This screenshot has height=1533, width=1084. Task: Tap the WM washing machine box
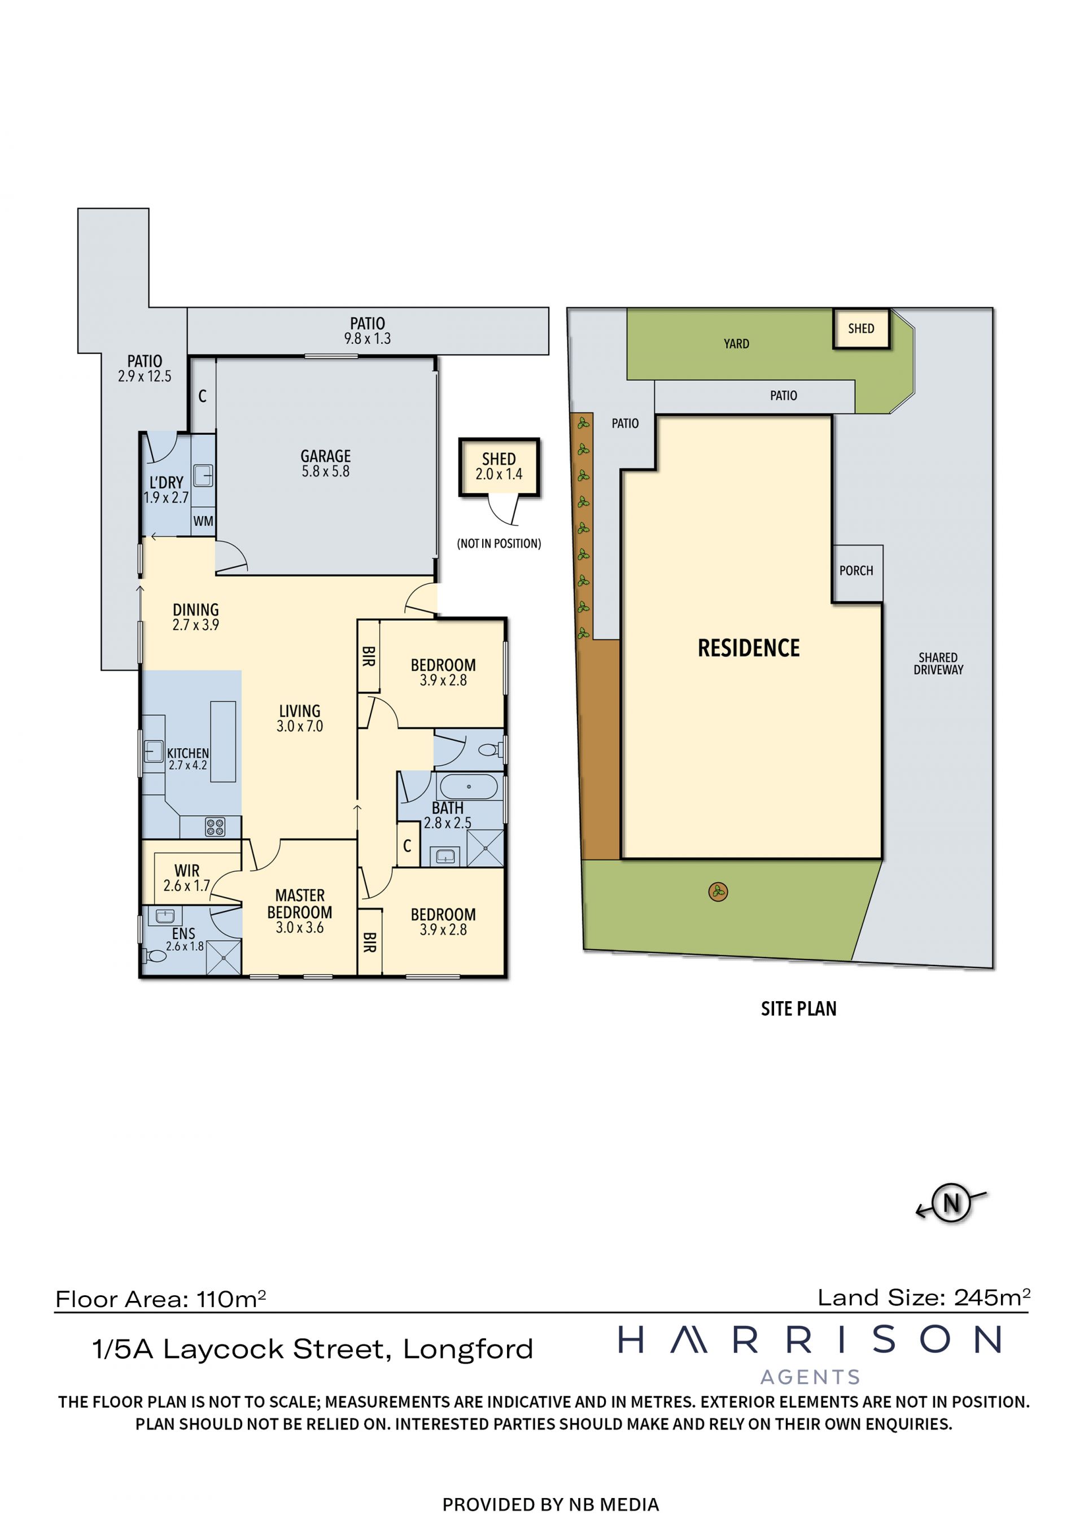point(203,521)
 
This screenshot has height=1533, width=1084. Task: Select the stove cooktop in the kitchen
point(215,828)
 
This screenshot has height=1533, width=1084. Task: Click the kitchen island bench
point(223,741)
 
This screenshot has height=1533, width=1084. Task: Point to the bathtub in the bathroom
point(469,787)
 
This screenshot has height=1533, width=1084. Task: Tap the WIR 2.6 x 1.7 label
point(187,878)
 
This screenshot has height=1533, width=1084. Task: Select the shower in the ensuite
point(223,958)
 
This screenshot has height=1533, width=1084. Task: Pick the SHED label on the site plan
point(861,329)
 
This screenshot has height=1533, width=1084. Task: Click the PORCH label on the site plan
point(856,571)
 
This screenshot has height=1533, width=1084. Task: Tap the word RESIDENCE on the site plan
point(749,648)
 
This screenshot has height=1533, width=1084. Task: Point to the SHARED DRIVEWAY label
point(938,663)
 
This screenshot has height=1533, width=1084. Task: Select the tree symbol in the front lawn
point(718,892)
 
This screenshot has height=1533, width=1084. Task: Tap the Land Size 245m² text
point(924,1298)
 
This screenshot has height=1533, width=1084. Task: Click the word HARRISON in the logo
point(810,1339)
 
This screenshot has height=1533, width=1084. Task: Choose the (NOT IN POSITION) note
point(499,544)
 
